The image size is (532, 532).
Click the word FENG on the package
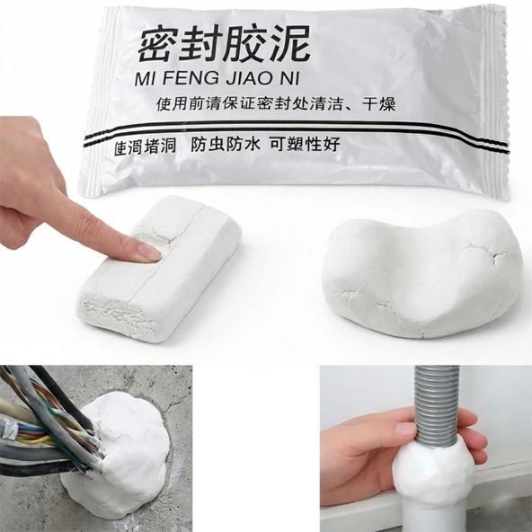191,78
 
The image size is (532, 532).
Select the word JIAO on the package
249,78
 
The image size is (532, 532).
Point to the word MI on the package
146,78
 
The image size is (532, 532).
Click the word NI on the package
289,78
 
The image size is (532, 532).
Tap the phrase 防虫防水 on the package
226,144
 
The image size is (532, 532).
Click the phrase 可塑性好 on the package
305,144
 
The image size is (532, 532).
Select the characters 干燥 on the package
378,104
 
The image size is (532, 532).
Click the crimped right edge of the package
502,102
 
